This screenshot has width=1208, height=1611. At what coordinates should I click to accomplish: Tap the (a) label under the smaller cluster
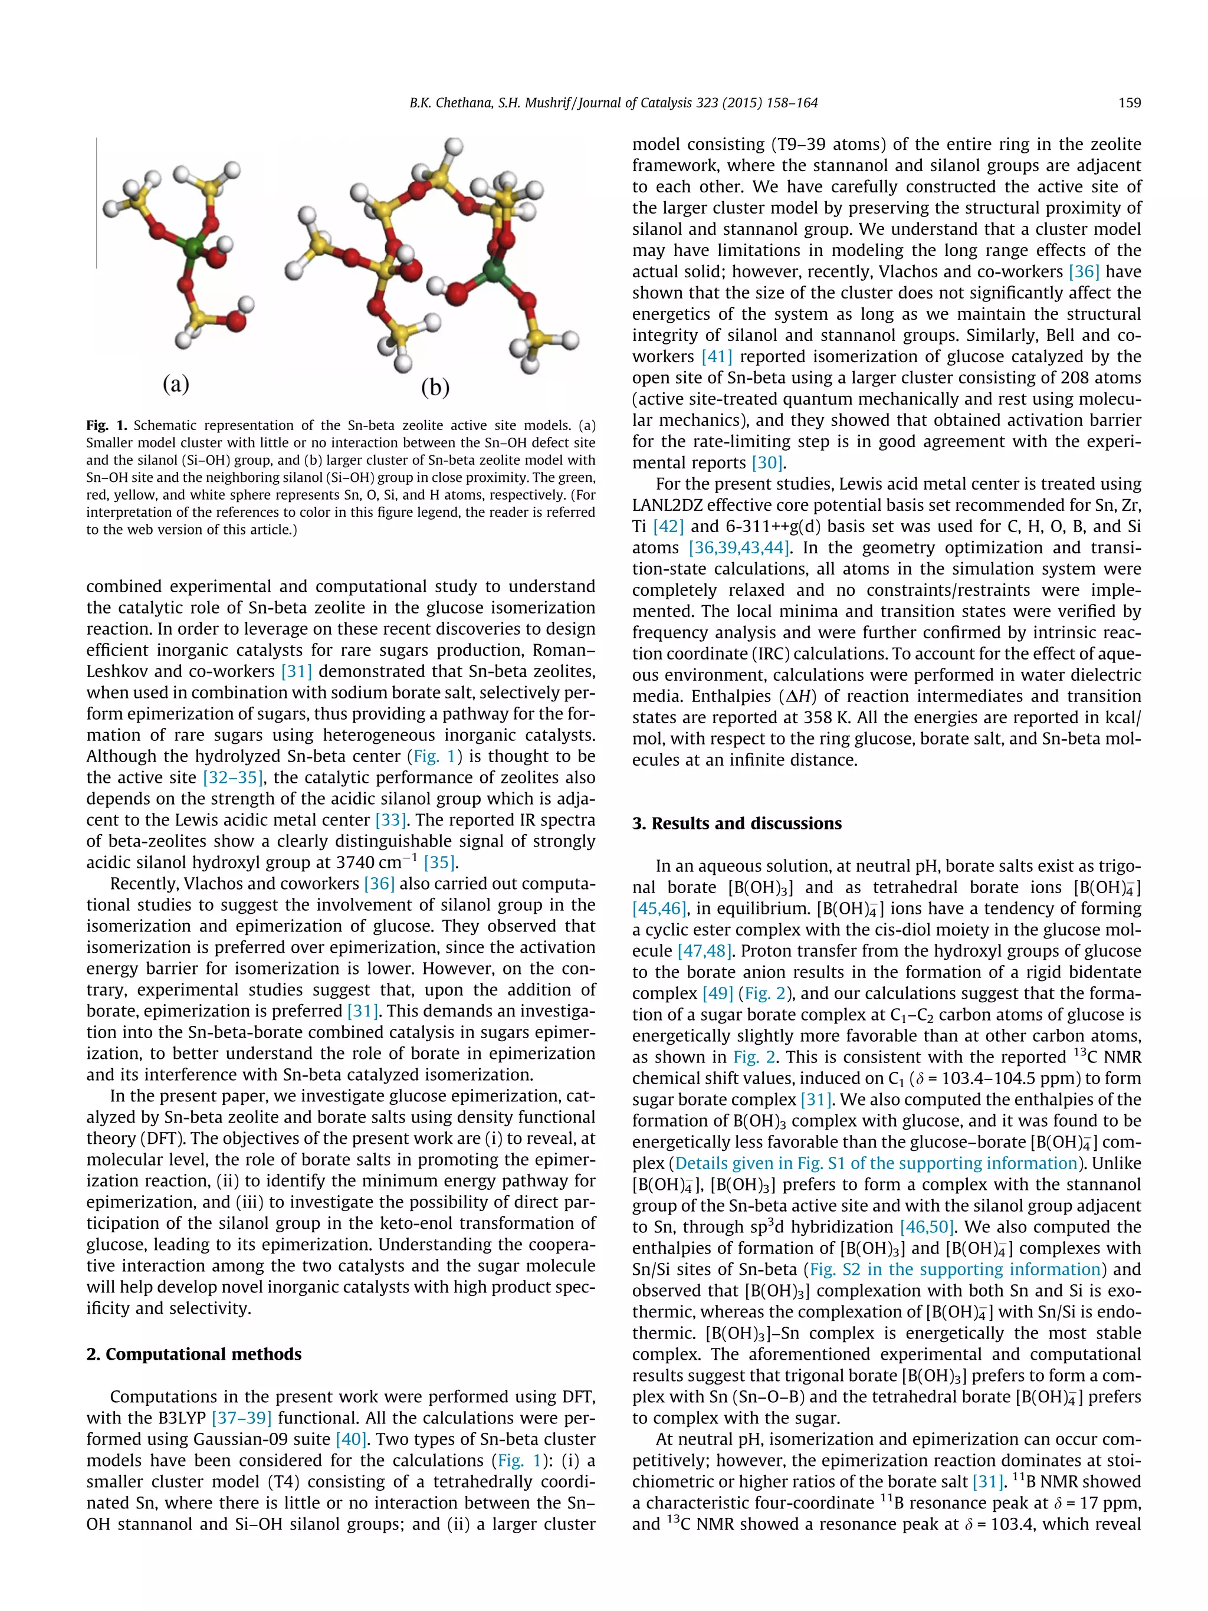click(x=176, y=382)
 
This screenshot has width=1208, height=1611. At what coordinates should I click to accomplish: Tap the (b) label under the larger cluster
click(x=435, y=387)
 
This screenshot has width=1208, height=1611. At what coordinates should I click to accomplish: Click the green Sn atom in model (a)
click(x=192, y=248)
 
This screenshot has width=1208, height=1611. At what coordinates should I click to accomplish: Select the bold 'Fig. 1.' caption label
click(x=106, y=425)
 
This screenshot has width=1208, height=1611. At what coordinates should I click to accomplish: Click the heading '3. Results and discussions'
click(x=736, y=823)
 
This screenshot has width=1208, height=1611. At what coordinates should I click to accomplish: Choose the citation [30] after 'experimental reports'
click(x=767, y=463)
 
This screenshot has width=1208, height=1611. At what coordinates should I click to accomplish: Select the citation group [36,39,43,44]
click(x=738, y=547)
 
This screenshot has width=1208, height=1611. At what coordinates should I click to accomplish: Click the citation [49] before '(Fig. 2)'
click(x=717, y=993)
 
